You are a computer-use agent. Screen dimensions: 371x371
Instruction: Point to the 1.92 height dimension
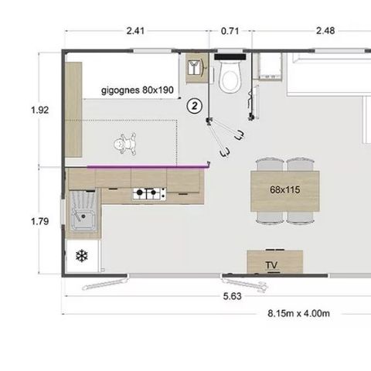coord(39,110)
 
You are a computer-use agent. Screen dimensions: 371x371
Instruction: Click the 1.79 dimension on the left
coord(39,221)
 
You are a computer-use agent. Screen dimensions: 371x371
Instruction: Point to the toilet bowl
coord(230,77)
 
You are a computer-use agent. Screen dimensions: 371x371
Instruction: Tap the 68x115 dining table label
coord(286,189)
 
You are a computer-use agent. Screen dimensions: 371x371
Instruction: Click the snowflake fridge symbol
coord(81,256)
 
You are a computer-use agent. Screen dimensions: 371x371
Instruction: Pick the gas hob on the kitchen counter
coord(149,194)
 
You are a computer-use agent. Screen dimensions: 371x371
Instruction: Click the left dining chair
coord(269,165)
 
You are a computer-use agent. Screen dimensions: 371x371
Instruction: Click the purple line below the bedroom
coord(147,165)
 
